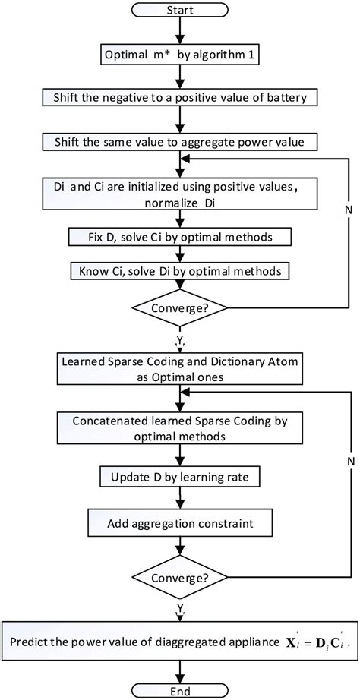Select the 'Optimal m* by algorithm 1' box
pos(179,55)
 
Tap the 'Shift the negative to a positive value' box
pos(179,98)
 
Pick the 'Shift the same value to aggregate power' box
pos(179,142)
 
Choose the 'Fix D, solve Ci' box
pos(179,237)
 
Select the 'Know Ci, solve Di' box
pos(179,270)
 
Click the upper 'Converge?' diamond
pos(179,309)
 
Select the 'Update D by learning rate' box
pos(179,478)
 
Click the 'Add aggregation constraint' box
pos(179,525)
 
